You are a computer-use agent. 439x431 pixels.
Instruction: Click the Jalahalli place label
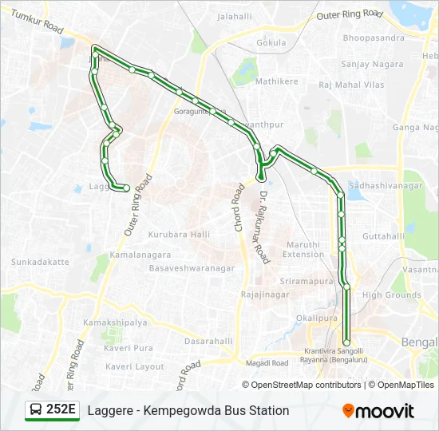pyautogui.click(x=234, y=16)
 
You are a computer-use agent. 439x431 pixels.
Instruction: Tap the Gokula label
pyautogui.click(x=271, y=42)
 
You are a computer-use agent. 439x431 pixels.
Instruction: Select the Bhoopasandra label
pyautogui.click(x=374, y=38)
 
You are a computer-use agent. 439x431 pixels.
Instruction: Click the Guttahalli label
pyautogui.click(x=384, y=236)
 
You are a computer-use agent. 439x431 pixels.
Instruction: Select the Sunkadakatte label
pyautogui.click(x=40, y=261)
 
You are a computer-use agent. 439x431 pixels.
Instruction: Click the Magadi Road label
pyautogui.click(x=267, y=363)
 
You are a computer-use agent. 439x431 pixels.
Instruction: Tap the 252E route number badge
pyautogui.click(x=53, y=410)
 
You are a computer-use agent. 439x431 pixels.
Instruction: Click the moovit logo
pyautogui.click(x=378, y=411)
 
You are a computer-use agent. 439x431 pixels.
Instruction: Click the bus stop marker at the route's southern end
pyautogui.click(x=346, y=342)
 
